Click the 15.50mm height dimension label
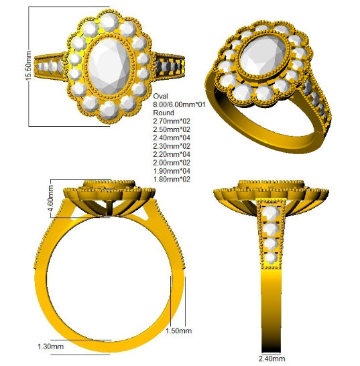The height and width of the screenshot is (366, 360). point(28,66)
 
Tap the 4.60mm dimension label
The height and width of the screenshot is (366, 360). point(50,198)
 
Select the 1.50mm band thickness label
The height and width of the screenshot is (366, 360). point(178,330)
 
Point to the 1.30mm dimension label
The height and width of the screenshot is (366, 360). point(51,347)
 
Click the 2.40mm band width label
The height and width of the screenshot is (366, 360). point(272,359)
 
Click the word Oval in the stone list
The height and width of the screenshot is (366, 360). point(160,96)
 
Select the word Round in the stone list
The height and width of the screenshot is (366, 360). point(164,113)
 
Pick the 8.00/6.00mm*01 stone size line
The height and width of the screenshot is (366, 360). point(179,105)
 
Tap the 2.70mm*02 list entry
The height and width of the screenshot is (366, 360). point(172,121)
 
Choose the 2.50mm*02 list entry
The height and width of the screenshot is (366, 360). point(172,129)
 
